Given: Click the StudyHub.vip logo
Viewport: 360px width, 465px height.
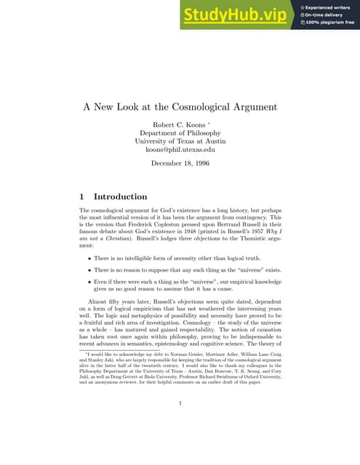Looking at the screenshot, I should pyautogui.click(x=241, y=14).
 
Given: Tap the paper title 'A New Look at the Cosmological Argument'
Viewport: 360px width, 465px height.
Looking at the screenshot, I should pyautogui.click(x=180, y=107).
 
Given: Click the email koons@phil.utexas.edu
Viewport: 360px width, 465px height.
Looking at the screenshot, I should pyautogui.click(x=180, y=150).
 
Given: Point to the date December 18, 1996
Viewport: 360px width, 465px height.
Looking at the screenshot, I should pyautogui.click(x=180, y=164).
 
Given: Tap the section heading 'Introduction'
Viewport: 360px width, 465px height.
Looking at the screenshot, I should pyautogui.click(x=121, y=196).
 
